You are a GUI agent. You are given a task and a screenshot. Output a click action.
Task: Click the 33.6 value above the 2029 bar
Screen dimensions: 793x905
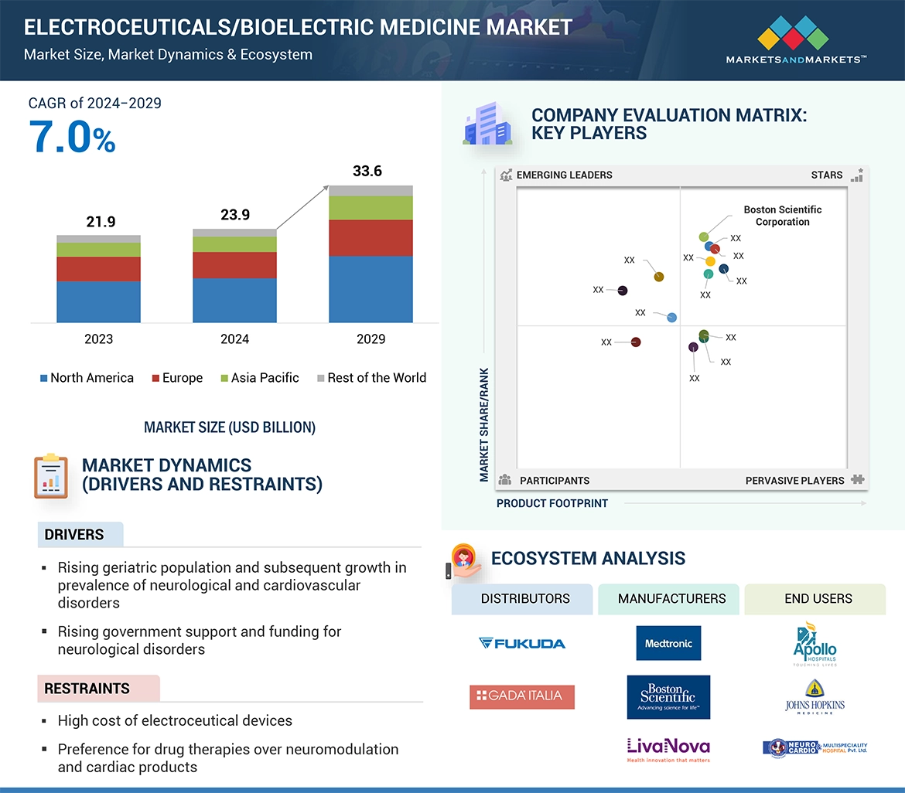367,172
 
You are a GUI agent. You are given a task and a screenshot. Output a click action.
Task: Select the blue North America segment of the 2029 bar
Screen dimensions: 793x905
371,289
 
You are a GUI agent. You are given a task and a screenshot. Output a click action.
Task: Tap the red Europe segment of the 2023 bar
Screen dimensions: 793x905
98,269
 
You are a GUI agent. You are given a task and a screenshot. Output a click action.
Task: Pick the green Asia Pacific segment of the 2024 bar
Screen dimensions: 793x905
234,244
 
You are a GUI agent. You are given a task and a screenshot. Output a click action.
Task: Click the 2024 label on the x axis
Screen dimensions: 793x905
234,339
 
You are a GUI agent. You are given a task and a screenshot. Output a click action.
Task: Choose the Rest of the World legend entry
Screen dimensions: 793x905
371,378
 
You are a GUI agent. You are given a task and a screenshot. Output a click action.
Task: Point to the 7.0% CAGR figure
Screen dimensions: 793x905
72,138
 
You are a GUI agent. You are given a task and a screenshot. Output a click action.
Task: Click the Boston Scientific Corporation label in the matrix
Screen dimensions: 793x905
782,216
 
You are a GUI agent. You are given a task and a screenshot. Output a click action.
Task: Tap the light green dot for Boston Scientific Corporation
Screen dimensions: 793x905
704,237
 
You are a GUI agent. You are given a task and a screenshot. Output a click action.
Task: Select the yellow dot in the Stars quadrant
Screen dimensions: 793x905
711,261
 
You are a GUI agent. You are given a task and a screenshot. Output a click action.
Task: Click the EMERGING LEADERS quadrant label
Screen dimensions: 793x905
564,175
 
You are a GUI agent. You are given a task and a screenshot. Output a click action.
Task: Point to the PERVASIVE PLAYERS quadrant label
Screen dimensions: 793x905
794,481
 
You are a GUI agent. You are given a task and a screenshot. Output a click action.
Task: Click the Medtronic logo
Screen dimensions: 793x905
668,643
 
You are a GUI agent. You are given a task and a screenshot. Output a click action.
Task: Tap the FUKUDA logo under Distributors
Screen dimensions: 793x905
522,643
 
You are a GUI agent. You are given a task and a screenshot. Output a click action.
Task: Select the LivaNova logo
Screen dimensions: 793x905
668,748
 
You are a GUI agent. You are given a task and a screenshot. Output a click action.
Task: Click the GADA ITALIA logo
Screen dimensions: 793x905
522,696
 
